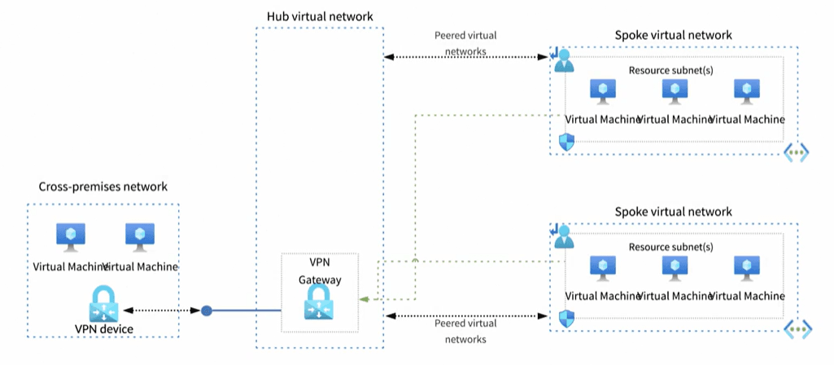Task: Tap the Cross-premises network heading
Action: click(103, 187)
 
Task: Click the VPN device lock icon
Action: click(103, 303)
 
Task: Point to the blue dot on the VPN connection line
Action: click(207, 310)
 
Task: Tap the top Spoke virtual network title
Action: click(673, 35)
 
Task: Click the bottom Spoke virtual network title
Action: click(673, 212)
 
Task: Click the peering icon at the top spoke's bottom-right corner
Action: click(796, 152)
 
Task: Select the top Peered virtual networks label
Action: click(465, 43)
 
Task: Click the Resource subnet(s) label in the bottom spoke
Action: click(671, 247)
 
